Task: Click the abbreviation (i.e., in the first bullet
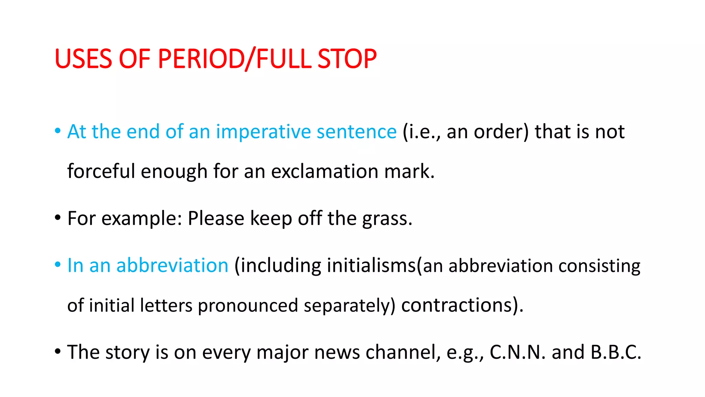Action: (x=422, y=132)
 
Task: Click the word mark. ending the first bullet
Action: (x=409, y=171)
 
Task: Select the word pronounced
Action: (x=248, y=306)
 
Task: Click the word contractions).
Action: (x=462, y=306)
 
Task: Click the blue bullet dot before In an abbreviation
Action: (x=58, y=265)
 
